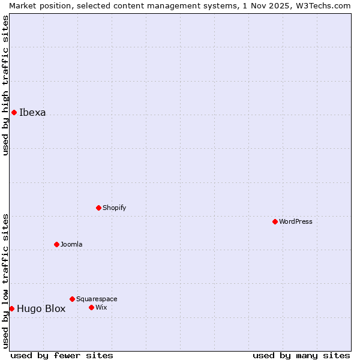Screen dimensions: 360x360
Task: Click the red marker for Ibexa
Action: (14, 112)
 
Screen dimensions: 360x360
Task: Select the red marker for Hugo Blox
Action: (11, 308)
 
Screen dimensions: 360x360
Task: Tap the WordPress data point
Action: (275, 221)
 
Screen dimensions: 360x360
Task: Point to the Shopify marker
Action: (98, 208)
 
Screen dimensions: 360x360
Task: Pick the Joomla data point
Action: (56, 244)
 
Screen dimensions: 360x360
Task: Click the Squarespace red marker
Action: (72, 299)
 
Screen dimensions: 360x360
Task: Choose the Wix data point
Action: (91, 307)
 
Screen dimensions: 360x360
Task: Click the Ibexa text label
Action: (32, 112)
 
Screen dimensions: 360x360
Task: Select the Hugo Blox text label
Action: (41, 309)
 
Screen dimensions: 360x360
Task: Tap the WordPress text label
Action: (296, 221)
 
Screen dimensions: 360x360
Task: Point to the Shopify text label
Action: (114, 208)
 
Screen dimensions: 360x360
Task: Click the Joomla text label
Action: (71, 244)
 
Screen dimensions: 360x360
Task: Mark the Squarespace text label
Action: (97, 299)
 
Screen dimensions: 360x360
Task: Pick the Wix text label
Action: (101, 307)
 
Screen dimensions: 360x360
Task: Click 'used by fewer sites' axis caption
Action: (62, 355)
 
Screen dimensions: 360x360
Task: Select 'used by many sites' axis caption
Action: (301, 355)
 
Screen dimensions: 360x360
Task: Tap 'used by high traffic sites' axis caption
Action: (6, 85)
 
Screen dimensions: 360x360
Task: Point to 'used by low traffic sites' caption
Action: (6, 281)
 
